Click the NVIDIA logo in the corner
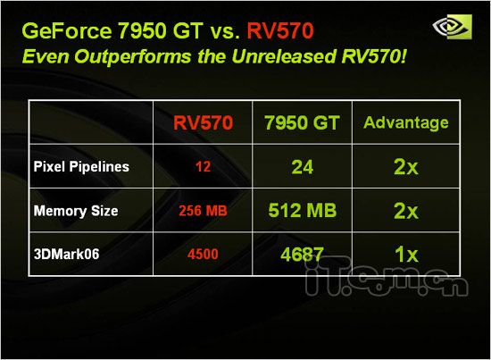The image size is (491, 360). pos(453,26)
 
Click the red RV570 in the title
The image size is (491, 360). pos(280,30)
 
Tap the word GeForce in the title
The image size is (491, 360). pos(67,30)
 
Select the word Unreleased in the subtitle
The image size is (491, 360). pos(284,56)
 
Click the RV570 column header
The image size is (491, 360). pos(203,122)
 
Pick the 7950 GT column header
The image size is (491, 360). pos(302,122)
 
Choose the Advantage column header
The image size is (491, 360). pos(406,122)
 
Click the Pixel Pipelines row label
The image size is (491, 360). pos(81,167)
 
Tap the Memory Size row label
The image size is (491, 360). pos(76,211)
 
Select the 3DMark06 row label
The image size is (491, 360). pos(66,254)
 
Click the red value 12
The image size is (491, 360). pos(203,167)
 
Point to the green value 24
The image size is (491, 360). pos(302,167)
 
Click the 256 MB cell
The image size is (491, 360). pos(203,211)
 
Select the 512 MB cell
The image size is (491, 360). pos(302,210)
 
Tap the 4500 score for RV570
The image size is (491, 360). pos(203,254)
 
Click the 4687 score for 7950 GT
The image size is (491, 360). pos(302,254)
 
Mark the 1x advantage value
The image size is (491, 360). pos(406,254)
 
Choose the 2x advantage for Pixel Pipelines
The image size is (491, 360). pos(406,167)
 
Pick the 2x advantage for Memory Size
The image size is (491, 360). pos(406,211)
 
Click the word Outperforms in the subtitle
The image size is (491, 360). pos(132,56)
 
